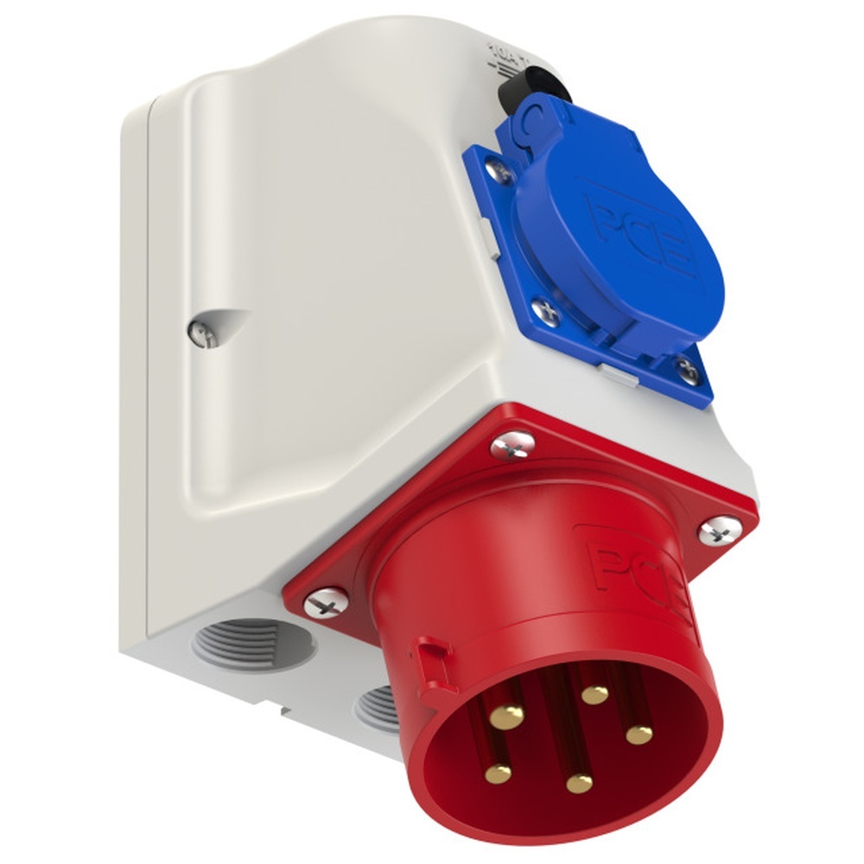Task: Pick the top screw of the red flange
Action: pyautogui.click(x=512, y=445)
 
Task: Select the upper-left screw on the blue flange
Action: pyautogui.click(x=499, y=168)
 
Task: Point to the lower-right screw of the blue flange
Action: pyautogui.click(x=687, y=371)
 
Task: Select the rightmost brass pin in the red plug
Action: pyautogui.click(x=639, y=734)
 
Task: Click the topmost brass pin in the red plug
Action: pyautogui.click(x=594, y=693)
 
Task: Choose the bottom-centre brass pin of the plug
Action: pyautogui.click(x=579, y=783)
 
